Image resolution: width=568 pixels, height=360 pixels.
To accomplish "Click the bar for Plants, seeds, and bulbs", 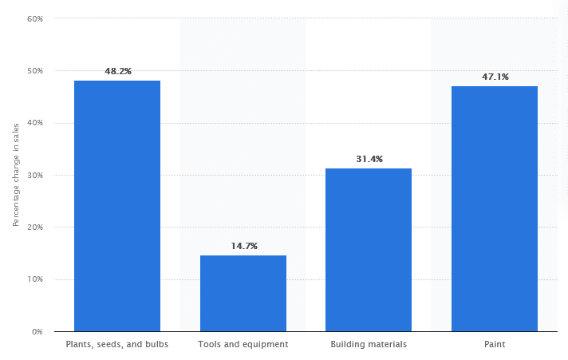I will pyautogui.click(x=117, y=206).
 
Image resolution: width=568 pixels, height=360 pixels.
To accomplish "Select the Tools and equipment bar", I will pyautogui.click(x=243, y=293).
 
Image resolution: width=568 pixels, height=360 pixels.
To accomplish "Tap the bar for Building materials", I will pyautogui.click(x=369, y=250).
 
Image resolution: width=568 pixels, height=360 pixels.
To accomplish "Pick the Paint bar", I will pyautogui.click(x=495, y=208).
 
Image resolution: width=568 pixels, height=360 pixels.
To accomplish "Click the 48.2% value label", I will pyautogui.click(x=117, y=71).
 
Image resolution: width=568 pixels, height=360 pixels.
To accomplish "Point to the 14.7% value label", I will pyautogui.click(x=243, y=246).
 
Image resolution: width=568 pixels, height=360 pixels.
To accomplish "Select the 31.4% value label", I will pyautogui.click(x=369, y=159).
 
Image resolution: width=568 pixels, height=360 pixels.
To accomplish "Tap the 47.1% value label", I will pyautogui.click(x=495, y=77).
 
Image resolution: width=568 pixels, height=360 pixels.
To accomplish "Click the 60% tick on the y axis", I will pyautogui.click(x=35, y=18).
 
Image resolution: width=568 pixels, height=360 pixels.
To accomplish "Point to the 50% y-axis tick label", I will pyautogui.click(x=35, y=71).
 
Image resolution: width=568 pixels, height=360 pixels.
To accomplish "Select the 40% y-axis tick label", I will pyautogui.click(x=35, y=123).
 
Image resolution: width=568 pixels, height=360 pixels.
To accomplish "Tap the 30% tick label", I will pyautogui.click(x=35, y=176).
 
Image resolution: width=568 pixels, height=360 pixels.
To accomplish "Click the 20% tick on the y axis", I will pyautogui.click(x=35, y=227).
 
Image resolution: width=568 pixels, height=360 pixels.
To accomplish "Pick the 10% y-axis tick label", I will pyautogui.click(x=35, y=279).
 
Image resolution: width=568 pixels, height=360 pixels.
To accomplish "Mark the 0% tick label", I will pyautogui.click(x=37, y=331).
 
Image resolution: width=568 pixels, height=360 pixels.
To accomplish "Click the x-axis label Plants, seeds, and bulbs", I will pyautogui.click(x=117, y=345).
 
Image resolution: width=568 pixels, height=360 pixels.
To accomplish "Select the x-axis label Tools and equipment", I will pyautogui.click(x=243, y=345).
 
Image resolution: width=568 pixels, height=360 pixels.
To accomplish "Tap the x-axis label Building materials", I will pyautogui.click(x=369, y=345).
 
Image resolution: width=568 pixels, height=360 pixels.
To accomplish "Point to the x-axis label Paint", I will pyautogui.click(x=495, y=345).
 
